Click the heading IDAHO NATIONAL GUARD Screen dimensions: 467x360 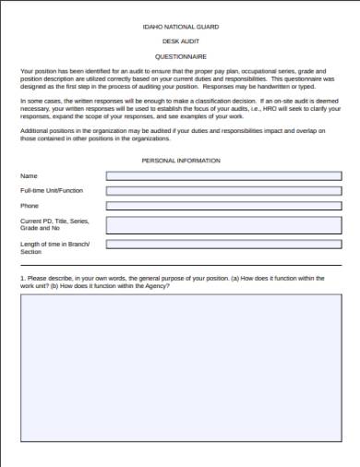tap(180, 29)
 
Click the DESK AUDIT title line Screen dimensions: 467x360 tap(180, 42)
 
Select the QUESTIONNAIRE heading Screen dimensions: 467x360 tap(180, 55)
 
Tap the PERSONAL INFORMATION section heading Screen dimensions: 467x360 tap(180, 161)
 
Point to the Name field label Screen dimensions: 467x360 tap(29, 175)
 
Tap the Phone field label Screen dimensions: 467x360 tap(30, 206)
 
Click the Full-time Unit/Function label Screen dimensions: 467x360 tap(52, 190)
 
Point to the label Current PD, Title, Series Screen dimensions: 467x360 tap(54, 222)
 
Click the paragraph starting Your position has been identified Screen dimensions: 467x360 tap(178, 79)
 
